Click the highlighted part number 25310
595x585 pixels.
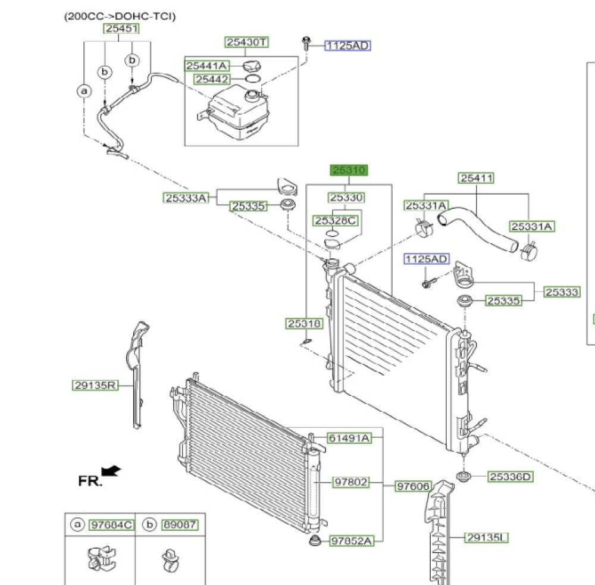pos(349,170)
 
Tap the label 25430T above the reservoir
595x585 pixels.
pos(247,42)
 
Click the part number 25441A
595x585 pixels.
pos(207,65)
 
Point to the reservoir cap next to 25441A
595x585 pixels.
pos(251,66)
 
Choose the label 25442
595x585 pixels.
pos(212,79)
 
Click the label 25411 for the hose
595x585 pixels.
pos(476,178)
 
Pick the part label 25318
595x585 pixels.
pos(304,323)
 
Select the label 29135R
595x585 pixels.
pos(95,385)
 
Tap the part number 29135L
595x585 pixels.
pos(487,537)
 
